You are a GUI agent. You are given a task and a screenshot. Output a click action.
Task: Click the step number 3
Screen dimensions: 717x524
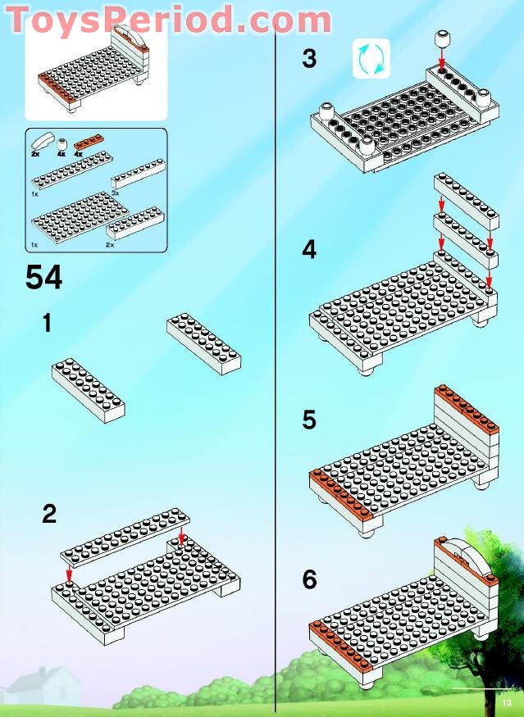(309, 60)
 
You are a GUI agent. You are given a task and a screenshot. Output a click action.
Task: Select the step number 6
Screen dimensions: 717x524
(309, 580)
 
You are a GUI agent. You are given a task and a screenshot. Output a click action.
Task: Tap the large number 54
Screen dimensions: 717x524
(43, 278)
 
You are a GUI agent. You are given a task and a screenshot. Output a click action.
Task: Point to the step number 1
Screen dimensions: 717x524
(48, 324)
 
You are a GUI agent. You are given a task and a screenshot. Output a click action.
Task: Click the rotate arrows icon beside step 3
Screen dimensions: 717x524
(371, 59)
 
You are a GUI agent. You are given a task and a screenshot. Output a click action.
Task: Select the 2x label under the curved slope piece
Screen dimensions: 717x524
(35, 154)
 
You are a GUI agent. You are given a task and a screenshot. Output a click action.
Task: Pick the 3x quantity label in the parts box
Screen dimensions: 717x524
(116, 192)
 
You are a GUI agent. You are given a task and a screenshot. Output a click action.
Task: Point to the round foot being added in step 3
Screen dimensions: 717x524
(444, 39)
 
